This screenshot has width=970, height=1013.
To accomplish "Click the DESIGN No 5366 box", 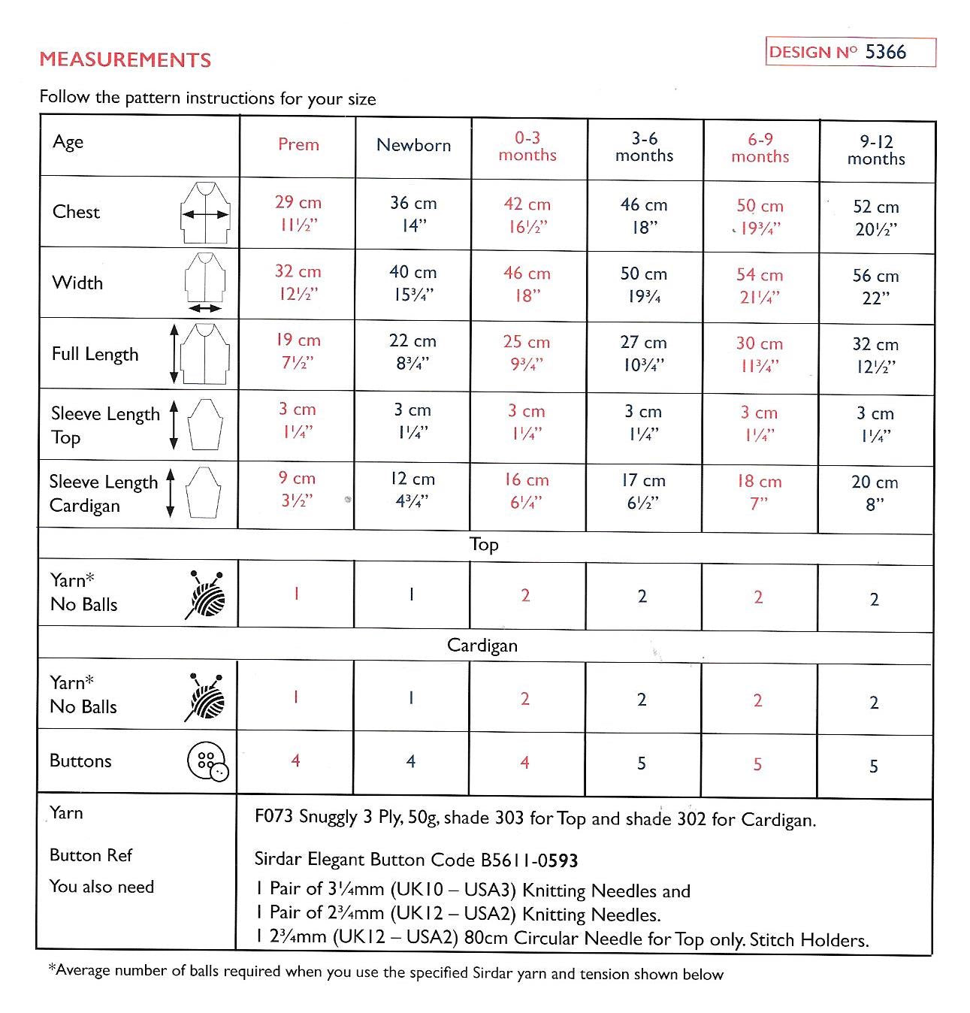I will point(850,52).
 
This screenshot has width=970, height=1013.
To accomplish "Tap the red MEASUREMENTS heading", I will point(125,60).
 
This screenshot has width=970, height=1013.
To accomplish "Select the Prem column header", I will point(298,144).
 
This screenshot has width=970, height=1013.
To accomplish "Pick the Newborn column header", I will point(413,145).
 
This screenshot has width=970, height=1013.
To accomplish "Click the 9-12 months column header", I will point(876,150).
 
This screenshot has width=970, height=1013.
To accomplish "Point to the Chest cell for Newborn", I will point(413,214).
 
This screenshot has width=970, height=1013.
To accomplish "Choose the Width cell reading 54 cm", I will point(760,286).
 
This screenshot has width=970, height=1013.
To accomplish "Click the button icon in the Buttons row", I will point(208,763).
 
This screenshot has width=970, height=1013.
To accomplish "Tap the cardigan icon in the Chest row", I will point(204,213).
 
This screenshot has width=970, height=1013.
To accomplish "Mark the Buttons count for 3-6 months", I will point(642,764).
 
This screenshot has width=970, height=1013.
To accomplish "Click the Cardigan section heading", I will point(482,646).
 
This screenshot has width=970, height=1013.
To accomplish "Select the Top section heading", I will point(484,544).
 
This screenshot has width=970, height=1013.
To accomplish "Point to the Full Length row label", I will point(95,354).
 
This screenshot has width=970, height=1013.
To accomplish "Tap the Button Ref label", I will point(90,855).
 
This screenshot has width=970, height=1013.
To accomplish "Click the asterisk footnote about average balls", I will point(385,972).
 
